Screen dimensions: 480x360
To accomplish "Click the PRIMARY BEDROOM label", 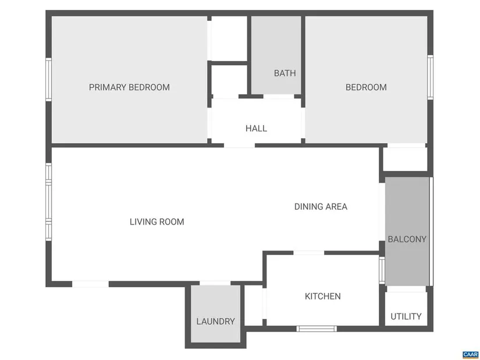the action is point(129,87).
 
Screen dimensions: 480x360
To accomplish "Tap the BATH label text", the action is point(285,73).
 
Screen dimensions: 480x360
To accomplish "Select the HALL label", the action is point(256,129).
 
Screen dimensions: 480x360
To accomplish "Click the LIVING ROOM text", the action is point(157,222).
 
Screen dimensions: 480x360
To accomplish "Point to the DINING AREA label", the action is point(321,206).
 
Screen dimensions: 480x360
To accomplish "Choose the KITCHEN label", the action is point(323,297).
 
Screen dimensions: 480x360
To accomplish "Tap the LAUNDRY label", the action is point(215,322).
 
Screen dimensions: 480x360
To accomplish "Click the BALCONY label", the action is point(407,239).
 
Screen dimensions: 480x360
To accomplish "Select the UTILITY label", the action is point(406,316).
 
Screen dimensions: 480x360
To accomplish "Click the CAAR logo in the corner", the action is point(470,355).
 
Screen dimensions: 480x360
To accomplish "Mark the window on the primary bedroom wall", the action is point(49,79).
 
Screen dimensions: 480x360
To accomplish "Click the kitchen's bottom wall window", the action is point(317,329).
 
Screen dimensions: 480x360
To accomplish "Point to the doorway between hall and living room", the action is point(239,145).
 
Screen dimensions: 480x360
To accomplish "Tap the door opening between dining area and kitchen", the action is point(309,253).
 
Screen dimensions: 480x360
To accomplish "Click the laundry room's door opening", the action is point(215,283).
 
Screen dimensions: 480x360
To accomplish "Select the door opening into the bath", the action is point(279,97).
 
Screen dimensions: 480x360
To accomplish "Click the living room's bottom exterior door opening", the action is point(90,284).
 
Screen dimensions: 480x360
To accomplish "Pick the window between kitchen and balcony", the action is point(382,270).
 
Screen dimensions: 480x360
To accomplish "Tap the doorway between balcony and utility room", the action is point(406,289).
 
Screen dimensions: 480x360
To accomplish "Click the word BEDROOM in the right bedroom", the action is point(366,87).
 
